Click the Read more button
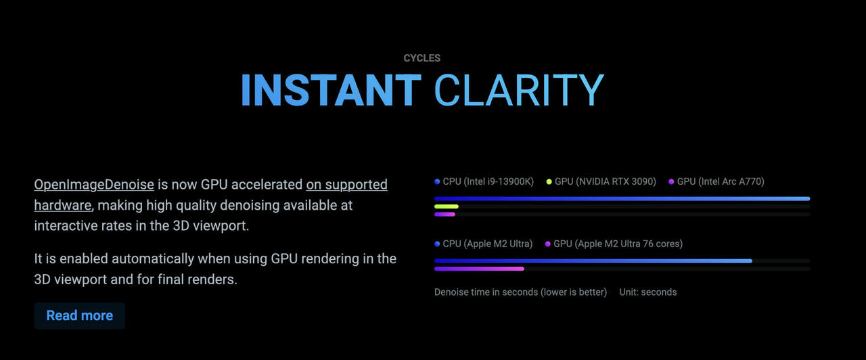(x=80, y=315)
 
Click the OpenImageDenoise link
(x=94, y=185)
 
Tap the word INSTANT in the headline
(x=331, y=90)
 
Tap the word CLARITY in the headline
(x=519, y=90)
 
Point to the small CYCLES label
(x=421, y=58)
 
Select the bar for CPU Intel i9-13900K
(x=622, y=199)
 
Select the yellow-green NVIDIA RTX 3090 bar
(x=446, y=206)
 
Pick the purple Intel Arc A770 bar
(x=445, y=215)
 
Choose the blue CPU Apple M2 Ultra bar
(x=593, y=261)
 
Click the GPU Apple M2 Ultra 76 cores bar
(x=479, y=269)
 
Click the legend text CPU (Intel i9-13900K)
(x=488, y=182)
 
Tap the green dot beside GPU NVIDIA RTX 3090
(x=549, y=182)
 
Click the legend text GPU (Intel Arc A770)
(x=721, y=182)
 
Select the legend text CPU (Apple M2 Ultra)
(x=488, y=244)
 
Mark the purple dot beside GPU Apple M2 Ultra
(x=547, y=244)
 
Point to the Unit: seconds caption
(x=648, y=292)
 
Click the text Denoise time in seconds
(x=487, y=292)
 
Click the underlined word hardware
(x=63, y=205)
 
